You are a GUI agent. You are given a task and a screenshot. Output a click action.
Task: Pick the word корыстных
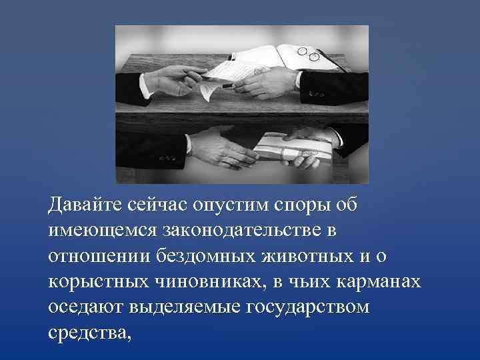point(99,283)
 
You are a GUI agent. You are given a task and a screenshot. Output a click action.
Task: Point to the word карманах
point(379,282)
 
